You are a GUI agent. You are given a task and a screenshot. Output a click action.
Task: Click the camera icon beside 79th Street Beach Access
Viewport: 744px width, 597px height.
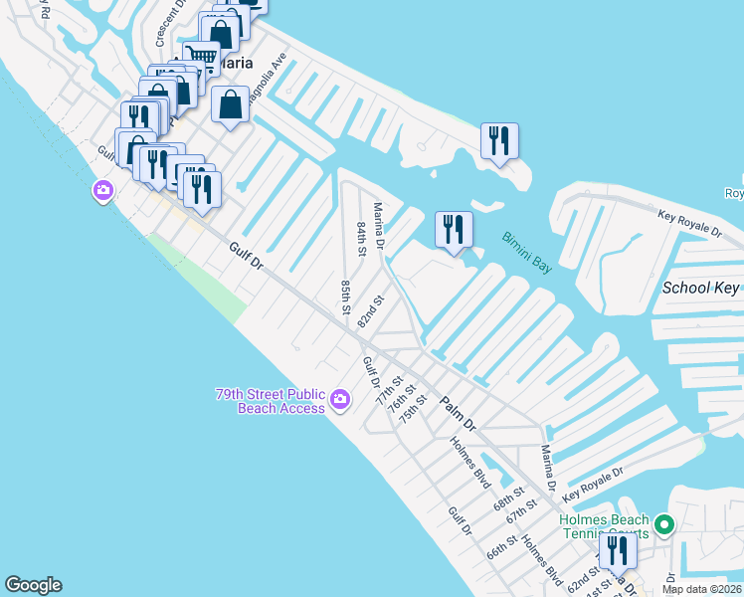[x=340, y=400]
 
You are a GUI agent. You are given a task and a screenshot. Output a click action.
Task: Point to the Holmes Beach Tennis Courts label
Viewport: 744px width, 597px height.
[x=604, y=525]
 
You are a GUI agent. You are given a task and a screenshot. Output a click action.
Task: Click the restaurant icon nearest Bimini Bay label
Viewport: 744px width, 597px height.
[x=453, y=229]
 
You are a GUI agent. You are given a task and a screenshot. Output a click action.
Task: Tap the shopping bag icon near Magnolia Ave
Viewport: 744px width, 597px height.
[x=231, y=103]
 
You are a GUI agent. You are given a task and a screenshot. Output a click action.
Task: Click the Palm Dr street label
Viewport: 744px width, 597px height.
[x=459, y=403]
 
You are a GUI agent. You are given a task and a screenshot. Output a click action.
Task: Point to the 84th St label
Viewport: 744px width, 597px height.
[x=362, y=238]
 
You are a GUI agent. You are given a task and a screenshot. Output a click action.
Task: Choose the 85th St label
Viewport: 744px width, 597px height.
[x=345, y=297]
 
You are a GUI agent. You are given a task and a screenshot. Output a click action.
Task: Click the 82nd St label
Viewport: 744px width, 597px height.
[x=371, y=311]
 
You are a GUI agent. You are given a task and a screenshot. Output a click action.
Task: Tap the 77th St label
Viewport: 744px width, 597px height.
[x=388, y=389]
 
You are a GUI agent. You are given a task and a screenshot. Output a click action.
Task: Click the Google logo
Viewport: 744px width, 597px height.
[x=33, y=585]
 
